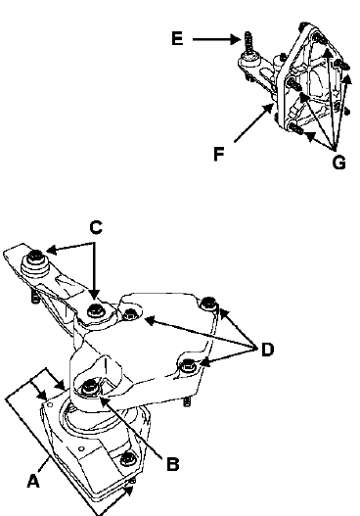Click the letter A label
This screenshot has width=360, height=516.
coord(33,481)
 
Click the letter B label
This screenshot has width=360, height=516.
coord(173,464)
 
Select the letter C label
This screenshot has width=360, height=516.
coord(96,227)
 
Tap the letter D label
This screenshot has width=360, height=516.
coord(268,350)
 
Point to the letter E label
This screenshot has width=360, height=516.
coord(177,38)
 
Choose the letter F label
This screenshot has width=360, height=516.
coord(219,154)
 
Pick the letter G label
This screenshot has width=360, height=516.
coord(339,163)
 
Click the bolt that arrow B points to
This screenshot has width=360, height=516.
coord(89,387)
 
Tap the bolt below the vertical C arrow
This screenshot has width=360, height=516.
coord(95,309)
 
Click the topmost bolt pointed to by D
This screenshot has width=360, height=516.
coord(208,303)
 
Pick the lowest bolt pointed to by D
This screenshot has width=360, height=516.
coord(188,364)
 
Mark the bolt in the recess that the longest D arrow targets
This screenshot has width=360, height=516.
coord(131,314)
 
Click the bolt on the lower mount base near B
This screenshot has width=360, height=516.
coord(127,459)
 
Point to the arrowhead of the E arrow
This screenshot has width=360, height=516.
coord(237,39)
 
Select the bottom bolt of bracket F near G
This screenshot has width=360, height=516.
coord(295,128)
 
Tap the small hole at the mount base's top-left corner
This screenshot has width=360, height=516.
coord(50,403)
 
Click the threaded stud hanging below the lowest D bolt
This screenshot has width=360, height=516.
coord(187,401)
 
